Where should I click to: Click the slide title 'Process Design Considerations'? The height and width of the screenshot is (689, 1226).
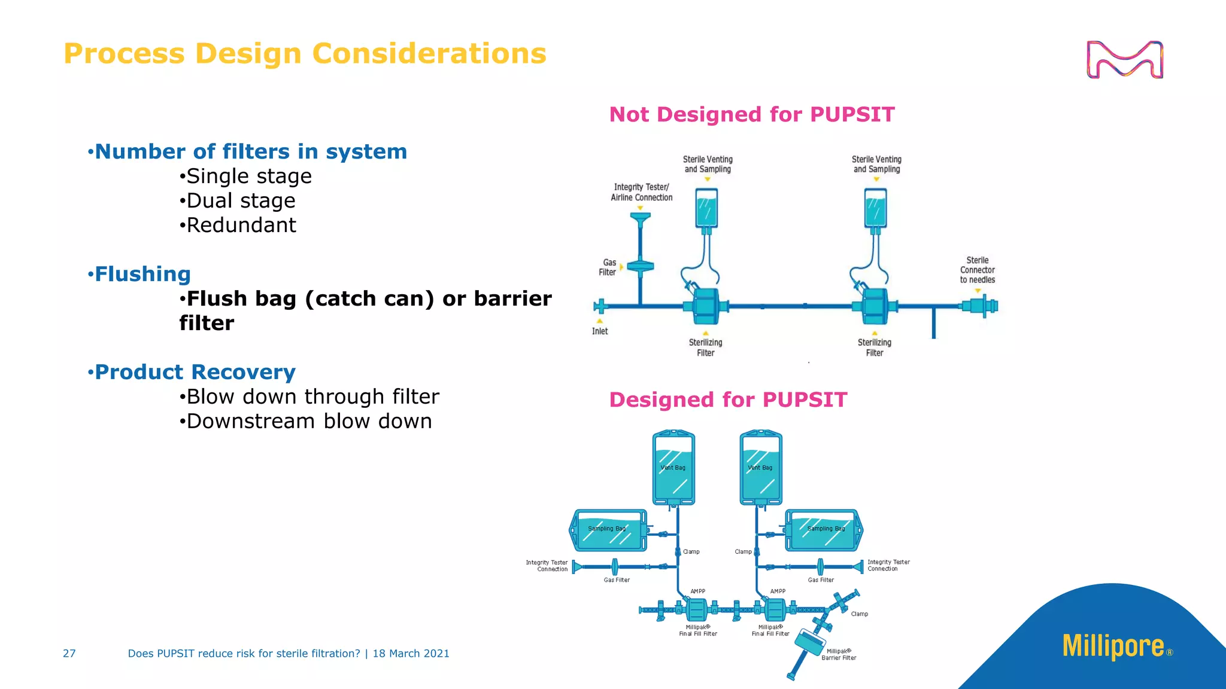pos(305,54)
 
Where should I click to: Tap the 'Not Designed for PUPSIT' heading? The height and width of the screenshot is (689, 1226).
pos(751,114)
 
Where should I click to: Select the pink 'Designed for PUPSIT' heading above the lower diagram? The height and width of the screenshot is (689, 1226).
pos(728,400)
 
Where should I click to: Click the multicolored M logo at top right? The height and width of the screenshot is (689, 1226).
pos(1124,60)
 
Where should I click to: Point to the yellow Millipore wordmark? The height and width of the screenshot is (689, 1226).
pos(1113,647)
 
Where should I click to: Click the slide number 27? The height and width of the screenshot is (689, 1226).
pos(69,654)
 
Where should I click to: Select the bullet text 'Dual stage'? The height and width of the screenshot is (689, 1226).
pos(241,201)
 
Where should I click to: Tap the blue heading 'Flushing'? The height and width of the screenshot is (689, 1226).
pos(142,274)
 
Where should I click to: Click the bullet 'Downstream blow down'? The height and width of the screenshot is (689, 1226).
pos(309,422)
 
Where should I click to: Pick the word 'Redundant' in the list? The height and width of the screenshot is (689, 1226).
pos(241,225)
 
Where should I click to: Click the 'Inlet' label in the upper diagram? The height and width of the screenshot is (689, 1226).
pos(599,331)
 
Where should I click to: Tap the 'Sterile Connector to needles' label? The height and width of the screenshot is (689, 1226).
pos(977,270)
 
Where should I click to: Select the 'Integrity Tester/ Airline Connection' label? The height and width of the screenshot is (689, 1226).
pos(641,193)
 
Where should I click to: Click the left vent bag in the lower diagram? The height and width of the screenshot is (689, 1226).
pos(673,468)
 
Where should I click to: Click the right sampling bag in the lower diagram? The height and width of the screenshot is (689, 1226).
pos(824,530)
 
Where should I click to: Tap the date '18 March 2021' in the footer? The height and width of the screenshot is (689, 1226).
pos(411,654)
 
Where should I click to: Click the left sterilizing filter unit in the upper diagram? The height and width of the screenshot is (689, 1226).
pos(706,306)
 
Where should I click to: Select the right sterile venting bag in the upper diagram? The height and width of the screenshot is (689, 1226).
pos(875,208)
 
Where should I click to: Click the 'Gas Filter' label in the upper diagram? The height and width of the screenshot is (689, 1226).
pos(608,267)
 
